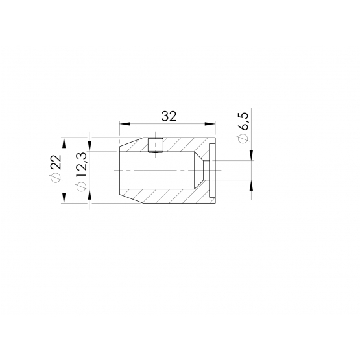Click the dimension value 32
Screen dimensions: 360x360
169,116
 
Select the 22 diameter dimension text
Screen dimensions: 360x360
56,162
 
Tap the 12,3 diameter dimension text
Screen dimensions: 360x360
81,165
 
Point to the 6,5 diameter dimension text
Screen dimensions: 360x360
243,121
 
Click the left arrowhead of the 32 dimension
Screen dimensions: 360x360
125,124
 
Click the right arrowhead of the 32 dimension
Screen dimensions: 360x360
210,124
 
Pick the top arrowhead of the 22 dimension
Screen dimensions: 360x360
64,143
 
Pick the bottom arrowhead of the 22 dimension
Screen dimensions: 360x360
64,198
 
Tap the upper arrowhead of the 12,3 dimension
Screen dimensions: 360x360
90,146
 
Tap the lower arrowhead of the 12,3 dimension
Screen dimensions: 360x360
90,195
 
